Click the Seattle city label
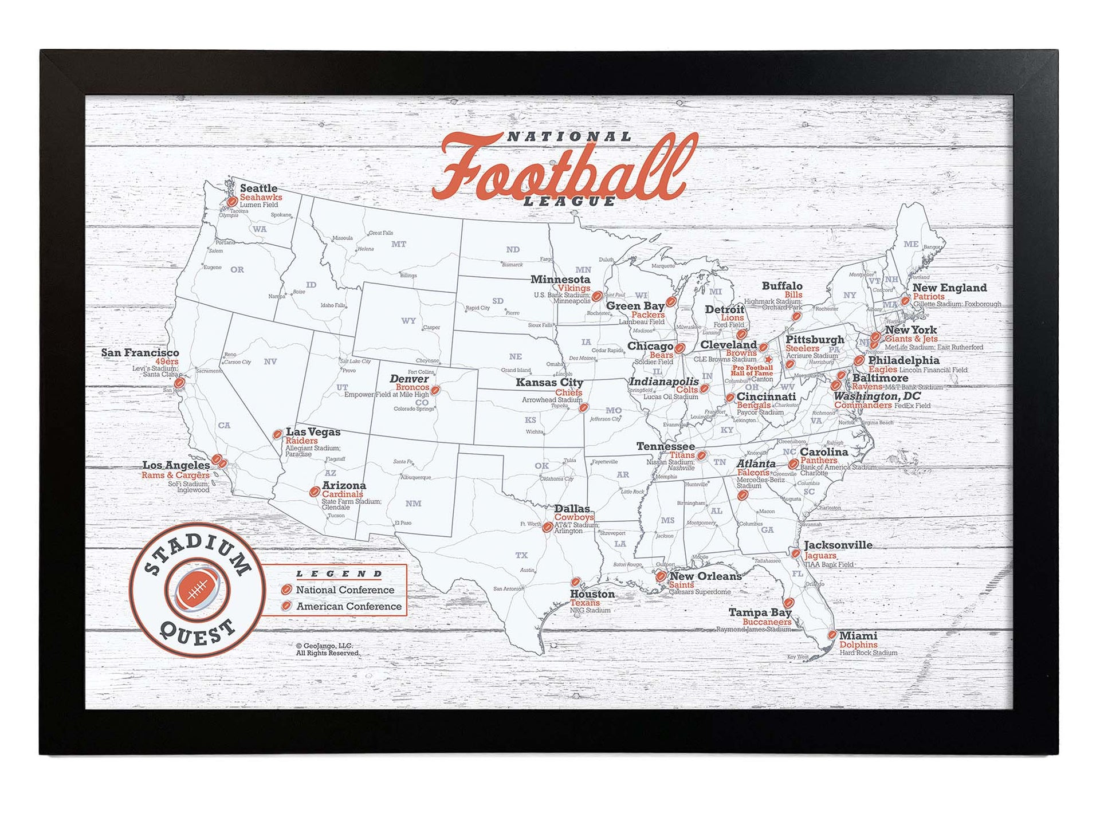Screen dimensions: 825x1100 (258, 188)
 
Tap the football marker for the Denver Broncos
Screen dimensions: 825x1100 (435, 390)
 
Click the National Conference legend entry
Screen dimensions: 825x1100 (345, 590)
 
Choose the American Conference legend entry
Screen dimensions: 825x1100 (348, 606)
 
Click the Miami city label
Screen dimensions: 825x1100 (858, 635)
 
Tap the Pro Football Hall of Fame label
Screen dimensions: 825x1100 (752, 370)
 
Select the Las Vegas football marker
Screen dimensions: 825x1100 (277, 434)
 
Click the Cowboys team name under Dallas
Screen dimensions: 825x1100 (573, 517)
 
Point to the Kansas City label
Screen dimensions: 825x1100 (549, 382)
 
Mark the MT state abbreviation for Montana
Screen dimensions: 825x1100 (399, 244)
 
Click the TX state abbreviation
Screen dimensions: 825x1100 (521, 555)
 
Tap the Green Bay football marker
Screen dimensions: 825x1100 (671, 301)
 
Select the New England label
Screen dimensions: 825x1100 (949, 288)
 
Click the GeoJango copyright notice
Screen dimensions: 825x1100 (328, 649)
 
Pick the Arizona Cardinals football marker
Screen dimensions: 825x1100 (315, 492)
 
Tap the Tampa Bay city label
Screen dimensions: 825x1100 (760, 612)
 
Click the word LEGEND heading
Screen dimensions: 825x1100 (339, 573)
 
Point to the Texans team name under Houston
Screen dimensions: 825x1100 (584, 603)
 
